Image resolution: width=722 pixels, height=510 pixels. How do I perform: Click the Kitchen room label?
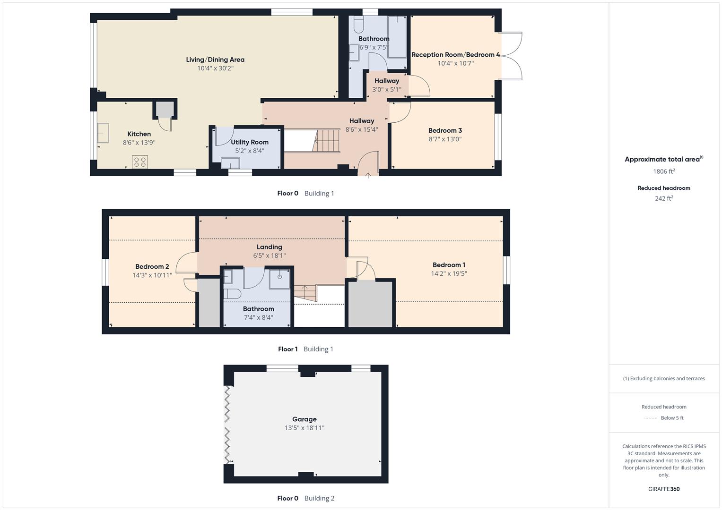[x=139, y=134]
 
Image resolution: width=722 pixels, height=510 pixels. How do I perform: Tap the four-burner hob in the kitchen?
[x=140, y=162]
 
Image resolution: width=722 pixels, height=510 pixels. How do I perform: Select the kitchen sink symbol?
[x=103, y=133]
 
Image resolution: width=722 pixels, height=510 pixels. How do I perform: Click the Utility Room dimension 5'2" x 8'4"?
[x=250, y=151]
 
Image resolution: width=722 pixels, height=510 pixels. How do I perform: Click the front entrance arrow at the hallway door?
[x=368, y=175]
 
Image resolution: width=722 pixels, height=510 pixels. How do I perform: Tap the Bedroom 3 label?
[x=445, y=131]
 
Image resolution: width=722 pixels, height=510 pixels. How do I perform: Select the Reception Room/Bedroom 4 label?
[x=455, y=55]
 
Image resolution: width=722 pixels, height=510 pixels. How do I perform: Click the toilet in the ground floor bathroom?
[x=358, y=24]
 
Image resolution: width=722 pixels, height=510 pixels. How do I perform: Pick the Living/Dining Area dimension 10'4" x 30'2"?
[x=215, y=68]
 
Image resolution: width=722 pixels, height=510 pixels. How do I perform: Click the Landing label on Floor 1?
[x=269, y=247]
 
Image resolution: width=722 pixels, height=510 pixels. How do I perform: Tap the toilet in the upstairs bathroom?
[x=232, y=294]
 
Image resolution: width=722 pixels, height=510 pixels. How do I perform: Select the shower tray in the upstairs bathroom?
[x=280, y=278]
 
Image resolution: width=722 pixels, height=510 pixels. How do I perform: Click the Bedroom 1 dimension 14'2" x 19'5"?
[x=449, y=273]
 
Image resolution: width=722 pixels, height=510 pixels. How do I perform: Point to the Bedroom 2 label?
[x=152, y=267]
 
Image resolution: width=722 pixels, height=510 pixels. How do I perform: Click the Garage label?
[x=304, y=419]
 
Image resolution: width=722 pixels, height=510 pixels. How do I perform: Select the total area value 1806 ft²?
[x=664, y=171]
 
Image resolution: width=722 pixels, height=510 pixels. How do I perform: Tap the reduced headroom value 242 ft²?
[x=664, y=198]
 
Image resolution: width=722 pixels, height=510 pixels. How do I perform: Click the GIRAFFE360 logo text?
[x=664, y=489]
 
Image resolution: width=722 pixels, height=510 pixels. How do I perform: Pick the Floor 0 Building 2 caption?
[x=305, y=498]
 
